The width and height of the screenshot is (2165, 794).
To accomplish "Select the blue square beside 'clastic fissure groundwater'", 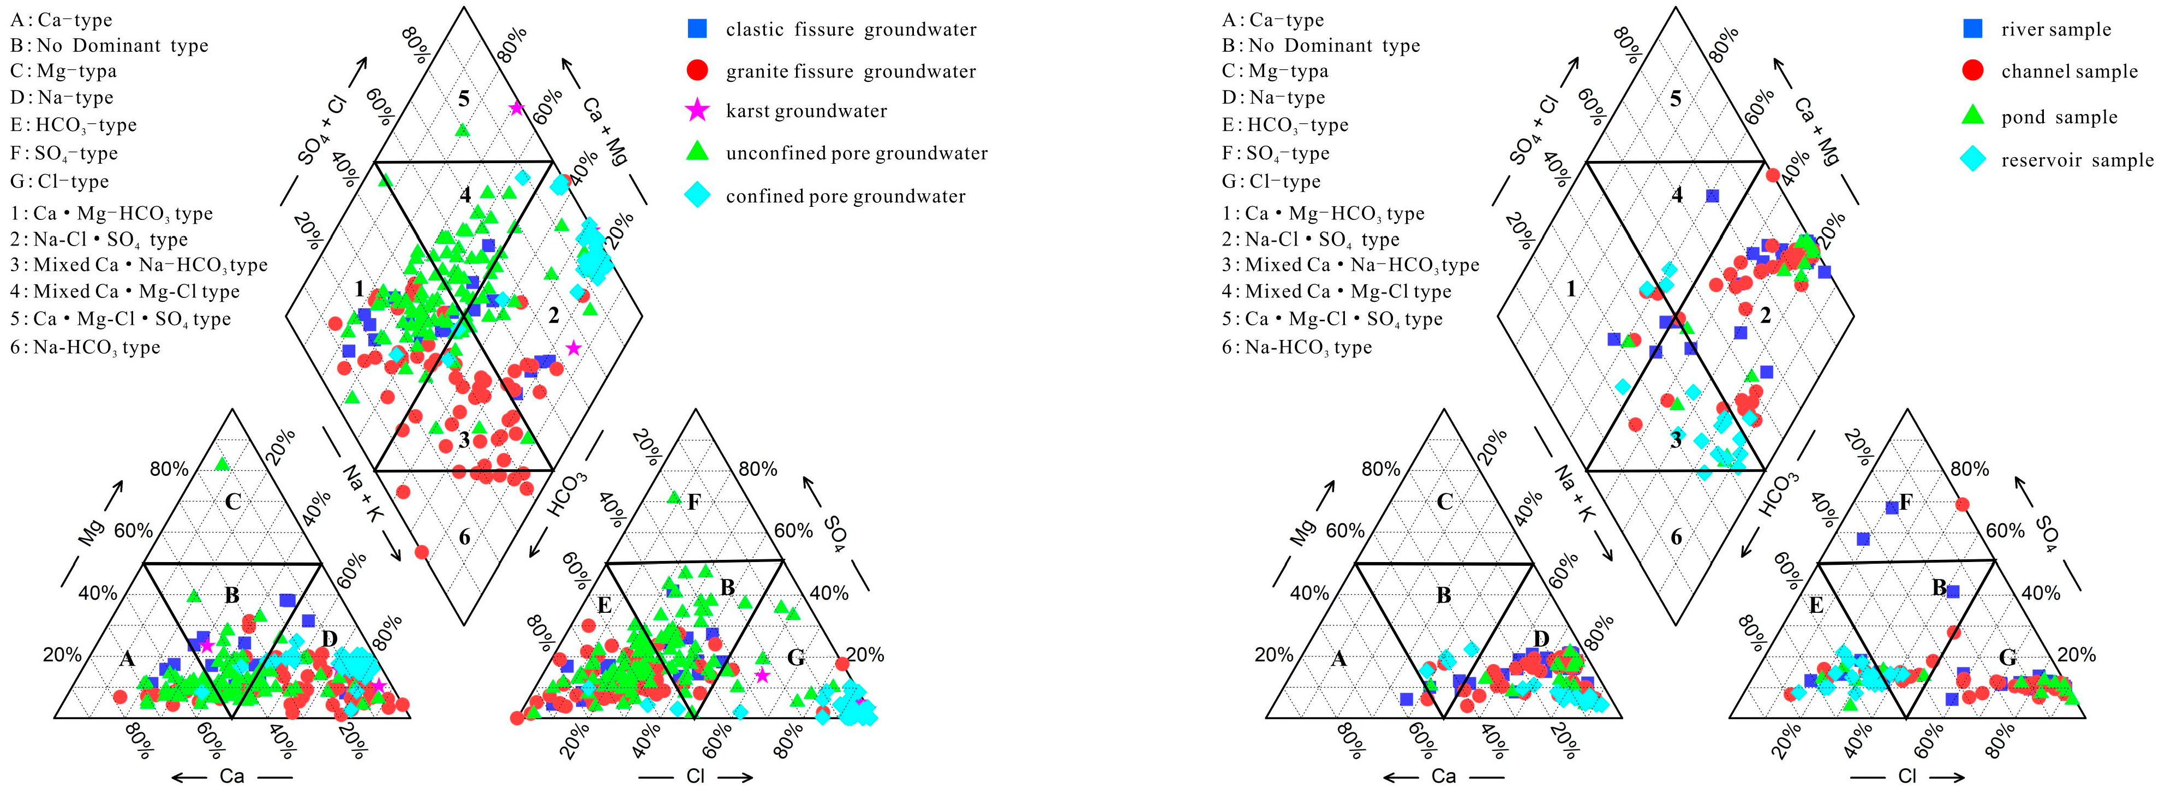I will (x=697, y=29).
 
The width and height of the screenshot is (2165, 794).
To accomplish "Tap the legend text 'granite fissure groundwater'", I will (x=851, y=71).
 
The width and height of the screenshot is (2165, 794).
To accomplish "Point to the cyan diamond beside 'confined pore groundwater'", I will (x=697, y=196).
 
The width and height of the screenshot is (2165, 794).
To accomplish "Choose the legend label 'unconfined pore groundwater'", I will (x=857, y=153).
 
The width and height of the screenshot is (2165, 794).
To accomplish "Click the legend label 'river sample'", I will (x=2056, y=29).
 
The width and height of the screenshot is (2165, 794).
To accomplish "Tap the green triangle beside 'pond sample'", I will (x=1972, y=116).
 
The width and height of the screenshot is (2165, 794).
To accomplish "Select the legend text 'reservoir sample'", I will (x=2077, y=160).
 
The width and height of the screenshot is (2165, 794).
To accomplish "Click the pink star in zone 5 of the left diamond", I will (x=516, y=108).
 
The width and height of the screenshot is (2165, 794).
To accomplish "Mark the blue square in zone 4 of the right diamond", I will (x=1712, y=196).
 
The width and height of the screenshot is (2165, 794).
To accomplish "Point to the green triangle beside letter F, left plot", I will (x=673, y=497).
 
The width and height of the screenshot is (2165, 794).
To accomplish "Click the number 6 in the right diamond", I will (x=1676, y=537).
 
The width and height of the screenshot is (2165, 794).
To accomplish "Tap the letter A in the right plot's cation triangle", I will (x=1339, y=659).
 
